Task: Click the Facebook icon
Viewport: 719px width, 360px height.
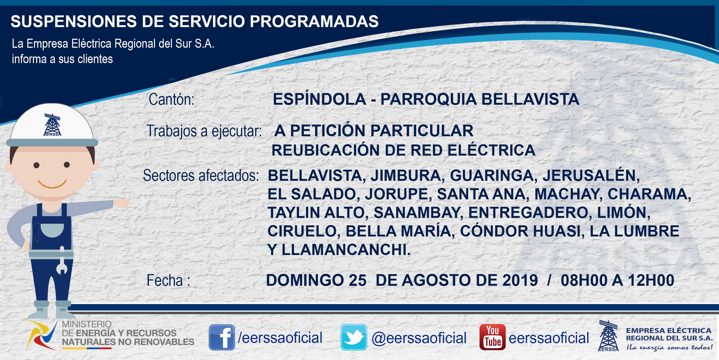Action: click(x=222, y=337)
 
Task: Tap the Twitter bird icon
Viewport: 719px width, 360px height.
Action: click(x=354, y=337)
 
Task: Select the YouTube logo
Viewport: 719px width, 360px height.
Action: click(x=492, y=337)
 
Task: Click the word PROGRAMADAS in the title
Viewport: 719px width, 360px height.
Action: click(x=314, y=21)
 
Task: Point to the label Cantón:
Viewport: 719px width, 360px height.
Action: click(x=171, y=99)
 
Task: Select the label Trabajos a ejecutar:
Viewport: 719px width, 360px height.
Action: click(x=204, y=131)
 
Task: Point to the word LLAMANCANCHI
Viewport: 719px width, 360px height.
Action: click(x=346, y=250)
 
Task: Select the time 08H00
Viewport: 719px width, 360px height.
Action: click(x=584, y=280)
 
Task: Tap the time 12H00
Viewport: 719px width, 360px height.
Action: click(x=651, y=280)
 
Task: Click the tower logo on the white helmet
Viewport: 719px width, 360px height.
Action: click(x=52, y=125)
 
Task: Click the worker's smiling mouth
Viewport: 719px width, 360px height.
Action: click(x=52, y=184)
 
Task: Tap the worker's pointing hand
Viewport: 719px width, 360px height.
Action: click(x=121, y=203)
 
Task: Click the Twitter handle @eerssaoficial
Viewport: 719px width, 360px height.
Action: click(x=419, y=338)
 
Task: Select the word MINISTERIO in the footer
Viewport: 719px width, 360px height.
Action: click(x=87, y=324)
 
